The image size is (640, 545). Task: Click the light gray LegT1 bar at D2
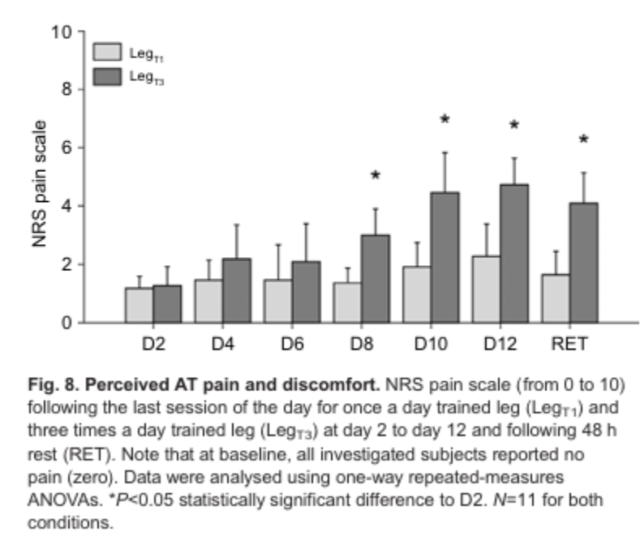point(139,305)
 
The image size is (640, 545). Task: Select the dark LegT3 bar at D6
point(306,291)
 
